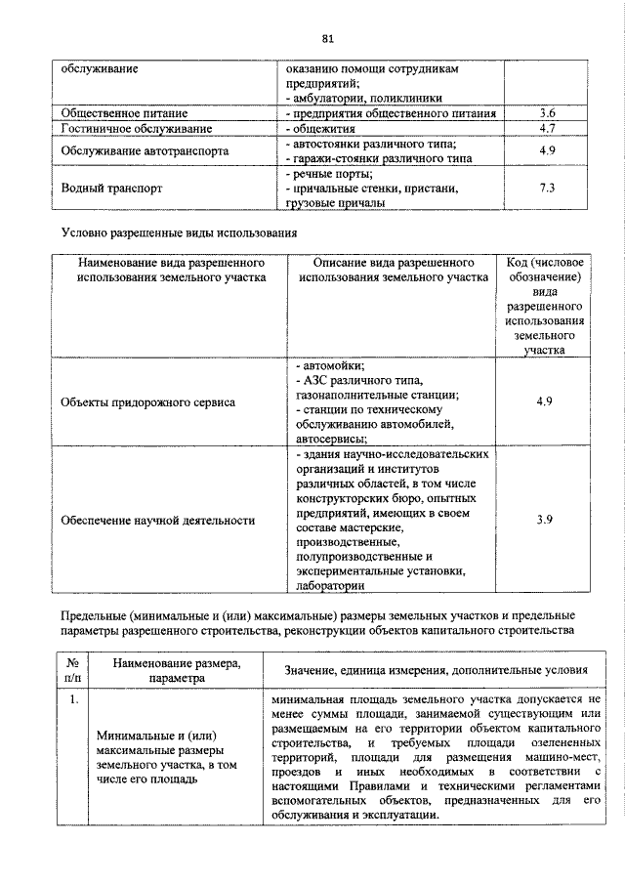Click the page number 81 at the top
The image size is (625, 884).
click(327, 38)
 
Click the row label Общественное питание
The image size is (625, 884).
click(124, 113)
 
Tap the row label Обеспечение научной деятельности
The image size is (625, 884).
click(157, 520)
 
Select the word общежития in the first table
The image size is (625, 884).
click(321, 128)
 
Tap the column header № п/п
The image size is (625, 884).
click(73, 669)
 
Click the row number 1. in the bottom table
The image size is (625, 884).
click(73, 700)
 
